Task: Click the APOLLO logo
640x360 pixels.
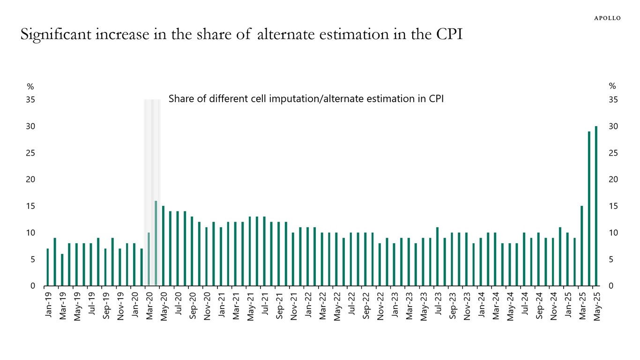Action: [607, 18]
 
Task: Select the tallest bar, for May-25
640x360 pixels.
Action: [596, 206]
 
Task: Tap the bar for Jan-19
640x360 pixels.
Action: [48, 267]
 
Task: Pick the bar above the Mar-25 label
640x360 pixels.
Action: [581, 246]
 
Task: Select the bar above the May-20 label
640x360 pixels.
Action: [163, 246]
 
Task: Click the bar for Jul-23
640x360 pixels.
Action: [437, 256]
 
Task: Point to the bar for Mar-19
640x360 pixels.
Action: [62, 270]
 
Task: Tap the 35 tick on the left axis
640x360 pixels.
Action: [30, 100]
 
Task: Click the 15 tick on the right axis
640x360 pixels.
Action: [613, 206]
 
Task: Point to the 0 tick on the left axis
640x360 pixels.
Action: [32, 286]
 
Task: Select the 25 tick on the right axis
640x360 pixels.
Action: [613, 153]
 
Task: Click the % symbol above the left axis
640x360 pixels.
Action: [30, 86]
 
